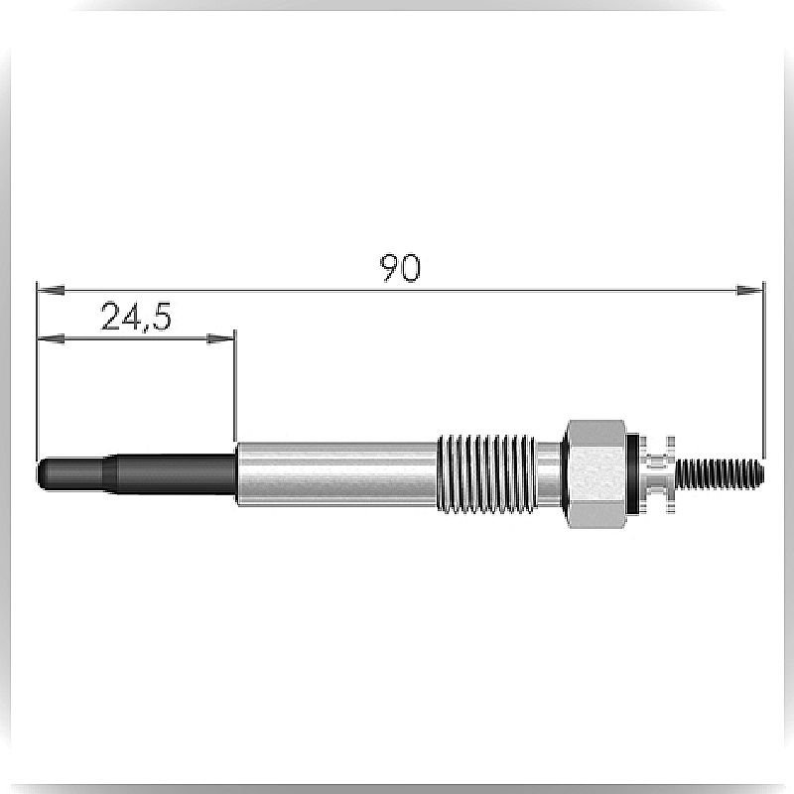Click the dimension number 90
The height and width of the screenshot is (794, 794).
tap(400, 268)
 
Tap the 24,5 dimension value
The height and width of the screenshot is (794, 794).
tap(136, 317)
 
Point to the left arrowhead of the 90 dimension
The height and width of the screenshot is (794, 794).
tap(52, 290)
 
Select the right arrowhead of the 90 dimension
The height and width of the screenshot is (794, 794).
tap(749, 290)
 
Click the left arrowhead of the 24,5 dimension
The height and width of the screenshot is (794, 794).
tap(52, 337)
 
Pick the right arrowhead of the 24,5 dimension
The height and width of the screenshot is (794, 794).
tap(220, 337)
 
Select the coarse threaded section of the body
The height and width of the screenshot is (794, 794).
tap(486, 473)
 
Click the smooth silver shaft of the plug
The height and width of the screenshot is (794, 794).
tap(336, 473)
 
